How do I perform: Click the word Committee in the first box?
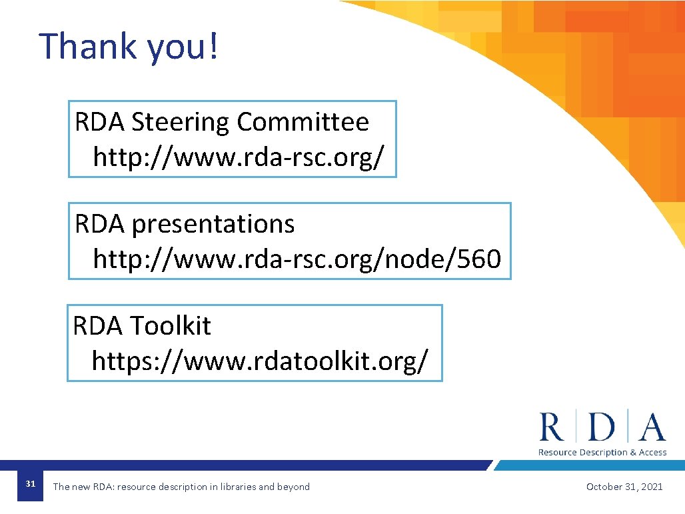[303, 122]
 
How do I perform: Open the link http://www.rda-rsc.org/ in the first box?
[239, 157]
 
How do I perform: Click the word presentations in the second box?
[213, 225]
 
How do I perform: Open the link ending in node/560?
[297, 259]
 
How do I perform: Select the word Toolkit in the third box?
[170, 326]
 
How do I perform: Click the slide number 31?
[30, 483]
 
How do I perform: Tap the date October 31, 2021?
[624, 487]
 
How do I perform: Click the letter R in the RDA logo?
[551, 427]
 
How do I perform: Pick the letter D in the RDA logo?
[602, 427]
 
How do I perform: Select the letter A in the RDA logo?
[652, 427]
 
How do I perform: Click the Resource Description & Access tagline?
[602, 453]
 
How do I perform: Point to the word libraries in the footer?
[237, 487]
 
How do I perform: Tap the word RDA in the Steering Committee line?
[99, 123]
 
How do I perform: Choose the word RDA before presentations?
[99, 225]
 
